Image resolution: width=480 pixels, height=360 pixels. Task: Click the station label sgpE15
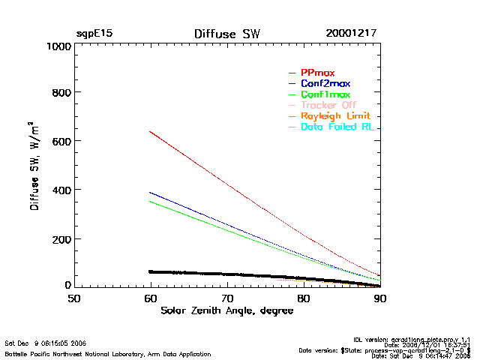point(94,34)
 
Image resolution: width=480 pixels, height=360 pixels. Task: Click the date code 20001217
point(352,34)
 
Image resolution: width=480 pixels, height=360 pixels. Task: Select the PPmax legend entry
point(317,73)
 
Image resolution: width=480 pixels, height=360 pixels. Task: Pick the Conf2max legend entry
point(325,83)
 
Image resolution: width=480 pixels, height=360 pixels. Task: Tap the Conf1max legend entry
point(325,94)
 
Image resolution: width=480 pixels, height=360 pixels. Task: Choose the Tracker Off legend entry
point(328,105)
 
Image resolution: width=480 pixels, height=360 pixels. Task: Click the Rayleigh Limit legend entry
point(335,116)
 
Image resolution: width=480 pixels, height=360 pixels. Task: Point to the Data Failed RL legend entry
point(337,127)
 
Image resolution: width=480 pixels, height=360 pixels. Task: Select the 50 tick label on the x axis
point(73,298)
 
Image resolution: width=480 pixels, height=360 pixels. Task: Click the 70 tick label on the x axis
point(227,298)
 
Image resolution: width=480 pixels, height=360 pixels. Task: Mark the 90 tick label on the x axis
point(380,298)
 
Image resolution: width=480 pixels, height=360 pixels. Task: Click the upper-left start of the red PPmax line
point(151,131)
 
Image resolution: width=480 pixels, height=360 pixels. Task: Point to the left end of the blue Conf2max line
point(151,192)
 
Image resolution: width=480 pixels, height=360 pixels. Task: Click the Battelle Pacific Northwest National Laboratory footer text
point(108,353)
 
